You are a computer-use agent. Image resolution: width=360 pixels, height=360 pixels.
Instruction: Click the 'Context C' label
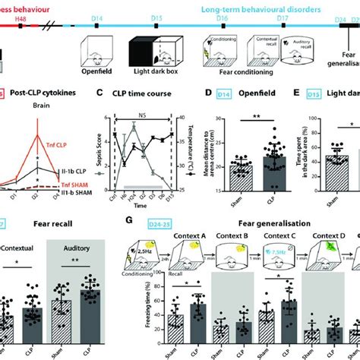coord(280,238)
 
